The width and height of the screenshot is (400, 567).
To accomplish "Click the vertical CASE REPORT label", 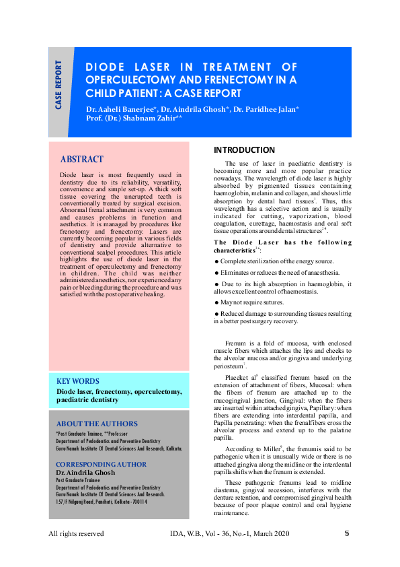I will pos(59,85).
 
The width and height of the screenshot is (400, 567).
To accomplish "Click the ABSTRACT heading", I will pos(82,160).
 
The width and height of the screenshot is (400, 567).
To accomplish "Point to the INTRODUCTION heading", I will pos(244,150).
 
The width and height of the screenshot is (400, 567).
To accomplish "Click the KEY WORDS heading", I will pos(78,381).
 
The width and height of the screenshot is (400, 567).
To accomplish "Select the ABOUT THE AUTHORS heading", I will pos(97,424).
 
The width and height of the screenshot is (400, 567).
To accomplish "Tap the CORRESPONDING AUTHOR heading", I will pos(100,465).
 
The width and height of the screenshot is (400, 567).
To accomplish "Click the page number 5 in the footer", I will pos(347,533).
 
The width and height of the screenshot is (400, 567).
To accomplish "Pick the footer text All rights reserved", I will pos(76,534).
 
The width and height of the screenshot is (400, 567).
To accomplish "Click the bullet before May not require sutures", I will pos(216,302).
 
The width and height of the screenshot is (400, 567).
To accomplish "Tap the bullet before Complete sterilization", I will pos(216,261).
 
